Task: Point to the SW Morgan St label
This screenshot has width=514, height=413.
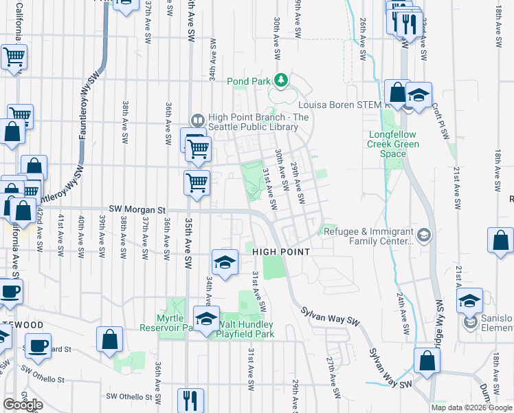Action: pyautogui.click(x=137, y=209)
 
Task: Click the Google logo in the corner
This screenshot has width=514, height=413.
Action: pyautogui.click(x=23, y=405)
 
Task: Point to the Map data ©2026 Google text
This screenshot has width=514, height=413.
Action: pyautogui.click(x=471, y=407)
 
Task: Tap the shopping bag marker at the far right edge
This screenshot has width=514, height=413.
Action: pyautogui.click(x=501, y=241)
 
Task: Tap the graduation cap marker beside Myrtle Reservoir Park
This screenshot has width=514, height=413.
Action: pyautogui.click(x=206, y=319)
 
